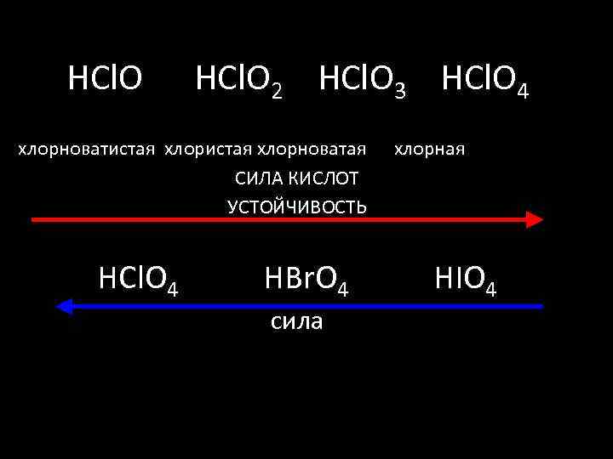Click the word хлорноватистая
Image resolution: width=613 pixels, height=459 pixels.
point(88,150)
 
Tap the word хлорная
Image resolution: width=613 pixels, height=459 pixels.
point(429,150)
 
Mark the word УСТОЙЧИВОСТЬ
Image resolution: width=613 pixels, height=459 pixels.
point(297,206)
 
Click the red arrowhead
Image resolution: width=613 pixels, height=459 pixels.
point(534,219)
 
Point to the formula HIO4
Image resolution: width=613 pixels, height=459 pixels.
point(465,279)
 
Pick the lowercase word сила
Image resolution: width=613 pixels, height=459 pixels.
point(296,320)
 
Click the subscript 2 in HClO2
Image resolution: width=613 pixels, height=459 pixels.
point(276,90)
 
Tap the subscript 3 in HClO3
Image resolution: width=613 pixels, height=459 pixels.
point(399,90)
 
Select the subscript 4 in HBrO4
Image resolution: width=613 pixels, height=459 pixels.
point(342,289)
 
